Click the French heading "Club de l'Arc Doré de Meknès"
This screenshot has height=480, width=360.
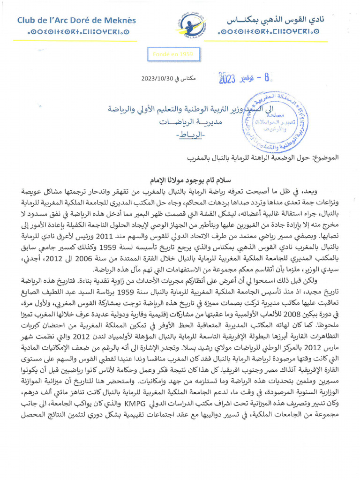click(76, 20)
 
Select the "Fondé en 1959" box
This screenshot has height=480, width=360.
click(172, 54)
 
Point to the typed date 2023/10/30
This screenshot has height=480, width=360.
click(156, 79)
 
